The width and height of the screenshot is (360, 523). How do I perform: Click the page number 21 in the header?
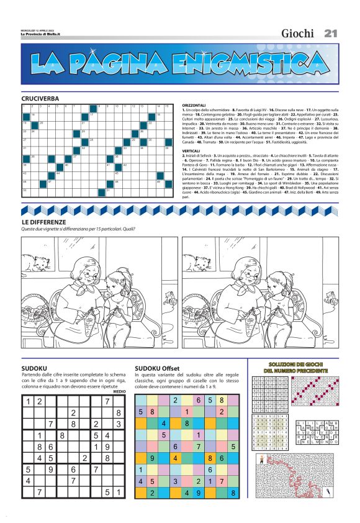coord(330,34)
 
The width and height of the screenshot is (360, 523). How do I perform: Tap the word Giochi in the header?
coord(297,34)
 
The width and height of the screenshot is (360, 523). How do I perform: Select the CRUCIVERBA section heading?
coord(40,99)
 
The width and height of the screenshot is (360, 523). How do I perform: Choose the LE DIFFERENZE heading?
coord(44,222)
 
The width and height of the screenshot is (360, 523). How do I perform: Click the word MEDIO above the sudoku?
coord(120,391)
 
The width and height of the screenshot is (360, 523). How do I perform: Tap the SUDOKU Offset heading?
coord(156,368)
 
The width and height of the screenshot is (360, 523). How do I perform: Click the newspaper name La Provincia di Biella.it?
coord(38,34)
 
